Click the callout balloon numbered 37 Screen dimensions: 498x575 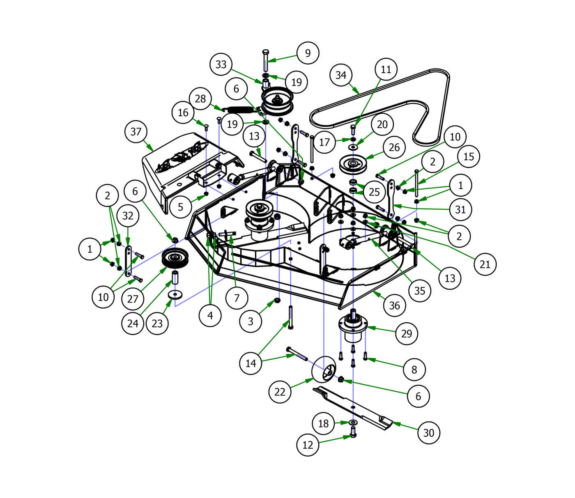tap(136, 132)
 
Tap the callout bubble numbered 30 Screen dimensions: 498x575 tap(429, 433)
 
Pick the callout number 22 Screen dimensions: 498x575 tap(280, 392)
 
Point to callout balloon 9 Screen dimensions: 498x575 tap(308, 53)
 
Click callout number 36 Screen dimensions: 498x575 tap(394, 305)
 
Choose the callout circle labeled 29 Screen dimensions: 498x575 tap(407, 333)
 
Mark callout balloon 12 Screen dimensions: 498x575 tap(308, 445)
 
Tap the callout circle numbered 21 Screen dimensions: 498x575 tap(485, 264)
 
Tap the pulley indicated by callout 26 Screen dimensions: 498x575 tap(352, 164)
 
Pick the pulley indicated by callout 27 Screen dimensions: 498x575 tap(175, 258)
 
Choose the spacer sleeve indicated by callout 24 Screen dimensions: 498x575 tap(175, 278)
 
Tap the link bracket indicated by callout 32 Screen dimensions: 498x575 tap(128, 261)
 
